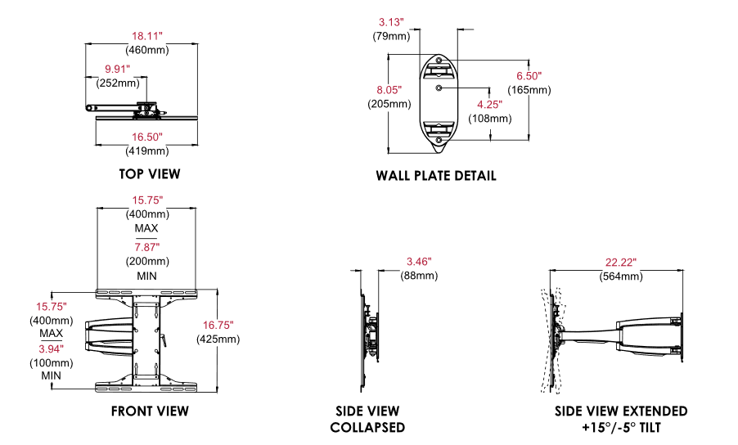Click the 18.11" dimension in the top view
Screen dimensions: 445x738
click(x=148, y=37)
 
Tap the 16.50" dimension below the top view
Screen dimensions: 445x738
click(x=148, y=137)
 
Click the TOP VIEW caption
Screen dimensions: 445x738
click(x=149, y=174)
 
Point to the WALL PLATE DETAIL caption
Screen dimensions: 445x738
click(x=436, y=176)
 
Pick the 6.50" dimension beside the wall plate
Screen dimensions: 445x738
click(x=529, y=75)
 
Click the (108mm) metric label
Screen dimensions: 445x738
click(x=489, y=119)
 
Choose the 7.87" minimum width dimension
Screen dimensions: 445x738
click(x=147, y=247)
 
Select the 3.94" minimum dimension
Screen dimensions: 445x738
click(x=51, y=348)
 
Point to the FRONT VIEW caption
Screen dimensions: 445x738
click(x=151, y=411)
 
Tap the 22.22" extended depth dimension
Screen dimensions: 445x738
click(x=621, y=262)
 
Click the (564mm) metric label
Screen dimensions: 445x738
click(x=620, y=276)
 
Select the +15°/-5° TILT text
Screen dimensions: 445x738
click(x=620, y=428)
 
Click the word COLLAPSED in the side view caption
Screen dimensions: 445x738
click(x=367, y=428)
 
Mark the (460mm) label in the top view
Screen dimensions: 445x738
click(x=148, y=51)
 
